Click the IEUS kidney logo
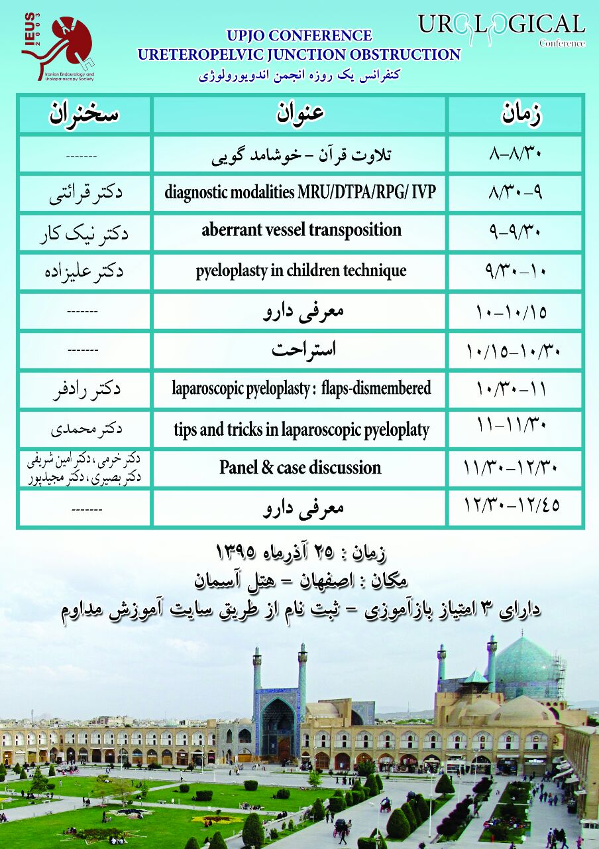coord(58,46)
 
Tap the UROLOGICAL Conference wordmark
coord(502,28)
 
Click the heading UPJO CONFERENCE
coord(299,36)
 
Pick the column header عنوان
coord(300,114)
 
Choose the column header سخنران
coord(84,114)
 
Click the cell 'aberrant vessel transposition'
coord(301,231)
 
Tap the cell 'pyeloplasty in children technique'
coord(301,271)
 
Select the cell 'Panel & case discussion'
coord(300,468)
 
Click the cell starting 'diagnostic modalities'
coord(301,192)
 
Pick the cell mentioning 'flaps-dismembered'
coord(301,388)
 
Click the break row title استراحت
coord(300,350)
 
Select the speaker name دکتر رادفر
coord(87,389)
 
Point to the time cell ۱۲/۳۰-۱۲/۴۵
coord(513,505)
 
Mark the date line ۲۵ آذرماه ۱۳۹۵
coord(299,551)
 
